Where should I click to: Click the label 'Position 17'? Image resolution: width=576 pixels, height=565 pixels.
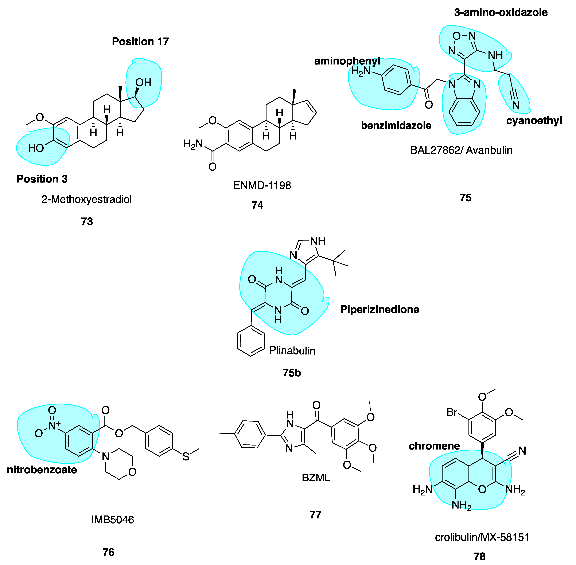(x=140, y=42)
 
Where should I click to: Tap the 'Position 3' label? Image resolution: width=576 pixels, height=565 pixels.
(x=42, y=179)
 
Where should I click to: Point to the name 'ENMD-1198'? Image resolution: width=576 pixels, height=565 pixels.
(x=262, y=185)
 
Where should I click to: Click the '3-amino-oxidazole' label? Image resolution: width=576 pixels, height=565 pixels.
(x=501, y=12)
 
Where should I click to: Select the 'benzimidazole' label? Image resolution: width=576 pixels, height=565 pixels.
(x=396, y=126)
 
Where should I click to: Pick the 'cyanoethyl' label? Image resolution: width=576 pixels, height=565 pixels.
(x=534, y=121)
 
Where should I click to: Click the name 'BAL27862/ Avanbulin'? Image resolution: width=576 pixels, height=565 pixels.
(x=461, y=150)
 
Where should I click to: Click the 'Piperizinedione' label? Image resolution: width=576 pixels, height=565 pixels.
(x=380, y=310)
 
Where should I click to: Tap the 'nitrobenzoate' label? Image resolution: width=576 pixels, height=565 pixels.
(x=42, y=470)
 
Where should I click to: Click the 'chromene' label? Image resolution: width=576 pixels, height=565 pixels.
(x=434, y=446)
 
